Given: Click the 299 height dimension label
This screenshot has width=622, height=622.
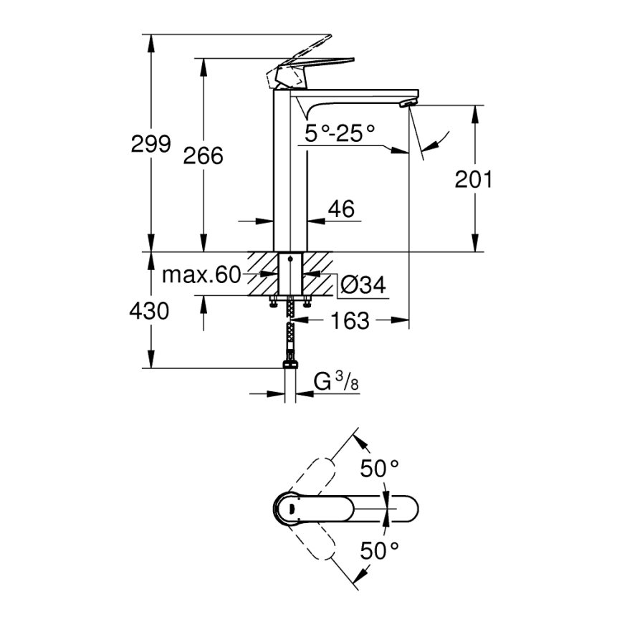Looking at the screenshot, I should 150,144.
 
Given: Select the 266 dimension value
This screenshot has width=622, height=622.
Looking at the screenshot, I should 203,155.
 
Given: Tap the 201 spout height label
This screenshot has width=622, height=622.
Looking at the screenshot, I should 474,179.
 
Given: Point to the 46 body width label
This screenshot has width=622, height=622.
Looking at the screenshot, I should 341,209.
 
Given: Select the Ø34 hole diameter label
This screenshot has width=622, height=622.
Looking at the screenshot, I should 363,285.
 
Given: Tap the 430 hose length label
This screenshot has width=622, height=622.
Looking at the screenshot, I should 149,311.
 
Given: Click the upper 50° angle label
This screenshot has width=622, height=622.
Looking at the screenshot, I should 379,469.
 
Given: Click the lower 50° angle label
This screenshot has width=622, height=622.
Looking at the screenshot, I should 379,550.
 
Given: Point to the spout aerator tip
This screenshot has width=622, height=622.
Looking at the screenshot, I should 406,105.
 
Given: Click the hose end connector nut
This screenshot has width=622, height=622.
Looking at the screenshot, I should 290,365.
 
